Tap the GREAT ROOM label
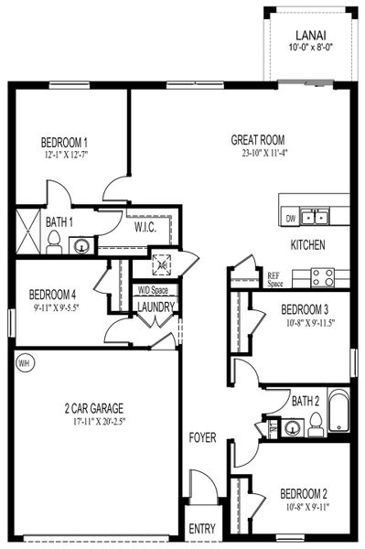pos(258,140)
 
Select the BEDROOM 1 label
pos(64,143)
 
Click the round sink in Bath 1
pos(82,245)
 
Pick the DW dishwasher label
pos(290,218)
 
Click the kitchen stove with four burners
pos(321,275)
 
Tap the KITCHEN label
pos(308,246)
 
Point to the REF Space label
pos(274,279)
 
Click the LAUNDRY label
pos(156,307)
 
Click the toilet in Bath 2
pos(315,422)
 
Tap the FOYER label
pos(203,438)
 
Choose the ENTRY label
pos(202,529)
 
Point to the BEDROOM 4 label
pos(51,295)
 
